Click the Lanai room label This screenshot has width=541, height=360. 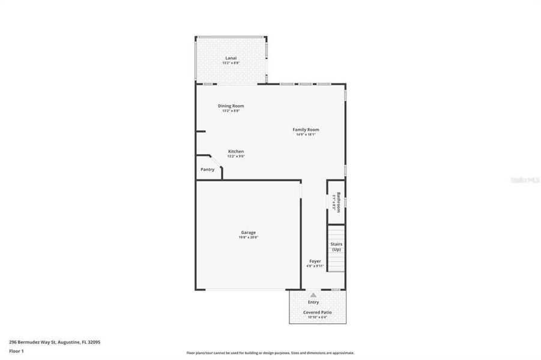pos(231,58)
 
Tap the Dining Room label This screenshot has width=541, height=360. pos(231,106)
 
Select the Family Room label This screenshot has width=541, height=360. pos(306,130)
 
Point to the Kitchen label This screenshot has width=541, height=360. pos(235,151)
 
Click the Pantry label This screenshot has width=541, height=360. pos(207,170)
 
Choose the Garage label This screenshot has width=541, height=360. pos(249,232)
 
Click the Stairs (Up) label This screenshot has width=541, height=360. pos(336,247)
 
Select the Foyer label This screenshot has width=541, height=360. pos(315,261)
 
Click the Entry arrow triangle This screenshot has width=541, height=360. pos(313,295)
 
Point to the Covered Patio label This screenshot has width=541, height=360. pos(317,313)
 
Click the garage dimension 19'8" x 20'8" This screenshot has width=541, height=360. pos(249,238)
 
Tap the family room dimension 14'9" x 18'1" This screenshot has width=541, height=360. pos(306,134)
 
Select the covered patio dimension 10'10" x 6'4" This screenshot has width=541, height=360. pos(317,317)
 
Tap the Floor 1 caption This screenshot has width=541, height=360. pos(16,350)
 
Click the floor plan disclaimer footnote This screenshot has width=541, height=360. pos(270,353)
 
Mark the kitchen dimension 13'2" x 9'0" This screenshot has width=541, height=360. pos(235,156)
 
